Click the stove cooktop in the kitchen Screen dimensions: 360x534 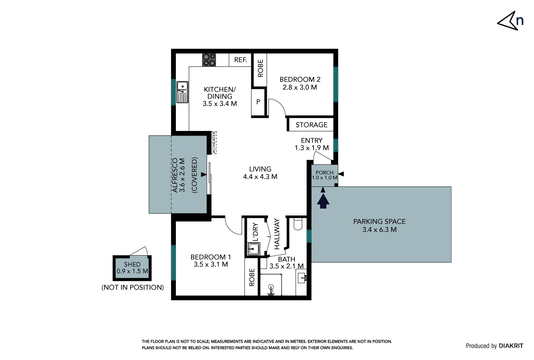pyautogui.click(x=209, y=60)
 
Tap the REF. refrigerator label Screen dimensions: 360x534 pyautogui.click(x=241, y=60)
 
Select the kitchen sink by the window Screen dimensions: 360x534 pyautogui.click(x=182, y=92)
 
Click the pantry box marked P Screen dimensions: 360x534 pyautogui.click(x=258, y=102)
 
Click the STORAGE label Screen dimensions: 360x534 pyautogui.click(x=311, y=125)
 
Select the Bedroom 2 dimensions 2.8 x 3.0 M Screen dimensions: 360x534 pyautogui.click(x=300, y=87)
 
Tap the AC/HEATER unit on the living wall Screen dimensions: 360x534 pyautogui.click(x=214, y=143)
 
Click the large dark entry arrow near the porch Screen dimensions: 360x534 pyautogui.click(x=323, y=201)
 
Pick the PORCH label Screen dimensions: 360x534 pyautogui.click(x=324, y=172)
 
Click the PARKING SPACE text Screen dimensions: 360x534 pyautogui.click(x=379, y=221)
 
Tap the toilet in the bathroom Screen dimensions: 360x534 pyautogui.click(x=298, y=224)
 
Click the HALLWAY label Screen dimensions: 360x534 pyautogui.click(x=277, y=234)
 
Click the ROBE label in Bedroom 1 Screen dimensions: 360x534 pyautogui.click(x=252, y=277)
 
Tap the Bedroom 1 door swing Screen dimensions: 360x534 pyautogui.click(x=233, y=226)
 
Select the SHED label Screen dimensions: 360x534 pyautogui.click(x=132, y=264)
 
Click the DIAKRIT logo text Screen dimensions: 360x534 pyautogui.click(x=511, y=346)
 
